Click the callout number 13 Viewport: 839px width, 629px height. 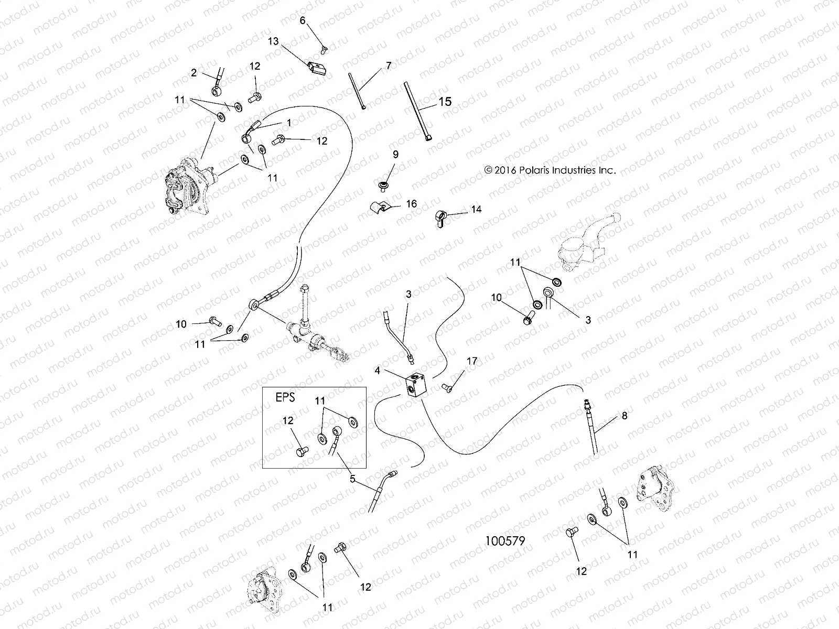pos(273,41)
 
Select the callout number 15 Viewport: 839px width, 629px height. pos(445,101)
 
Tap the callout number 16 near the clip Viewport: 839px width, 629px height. pos(412,203)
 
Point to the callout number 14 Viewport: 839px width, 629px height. pos(476,209)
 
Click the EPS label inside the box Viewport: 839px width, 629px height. pos(285,397)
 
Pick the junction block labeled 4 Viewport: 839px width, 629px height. pos(417,387)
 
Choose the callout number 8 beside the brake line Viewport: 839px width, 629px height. pos(624,416)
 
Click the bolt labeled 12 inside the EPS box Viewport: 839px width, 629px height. pos(302,450)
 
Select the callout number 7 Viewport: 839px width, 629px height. pos(389,66)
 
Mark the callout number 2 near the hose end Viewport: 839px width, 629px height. pos(194,73)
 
